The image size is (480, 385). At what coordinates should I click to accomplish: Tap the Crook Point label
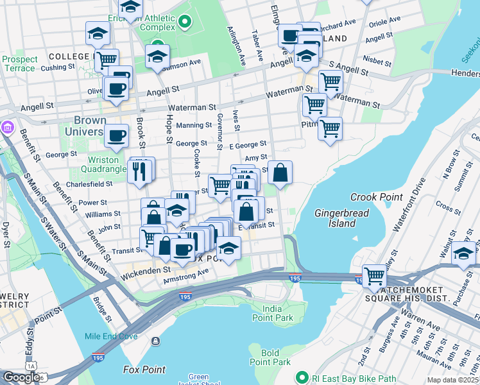tap(376, 197)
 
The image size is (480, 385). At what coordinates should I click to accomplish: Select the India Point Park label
tap(273, 312)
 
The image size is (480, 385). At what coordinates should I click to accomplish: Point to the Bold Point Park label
tap(270, 357)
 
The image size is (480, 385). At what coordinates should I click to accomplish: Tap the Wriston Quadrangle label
tap(103, 166)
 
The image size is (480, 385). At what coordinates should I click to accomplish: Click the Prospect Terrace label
tap(19, 64)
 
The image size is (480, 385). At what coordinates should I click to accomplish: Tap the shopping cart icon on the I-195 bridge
tap(374, 277)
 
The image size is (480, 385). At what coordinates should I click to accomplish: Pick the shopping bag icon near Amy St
tap(280, 173)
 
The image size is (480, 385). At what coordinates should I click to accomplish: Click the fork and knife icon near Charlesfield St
tap(140, 171)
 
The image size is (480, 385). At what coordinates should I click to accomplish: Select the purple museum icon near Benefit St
tap(7, 126)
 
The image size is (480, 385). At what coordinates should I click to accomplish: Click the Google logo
tap(21, 377)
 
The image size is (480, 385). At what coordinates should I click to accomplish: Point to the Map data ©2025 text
tap(452, 380)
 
